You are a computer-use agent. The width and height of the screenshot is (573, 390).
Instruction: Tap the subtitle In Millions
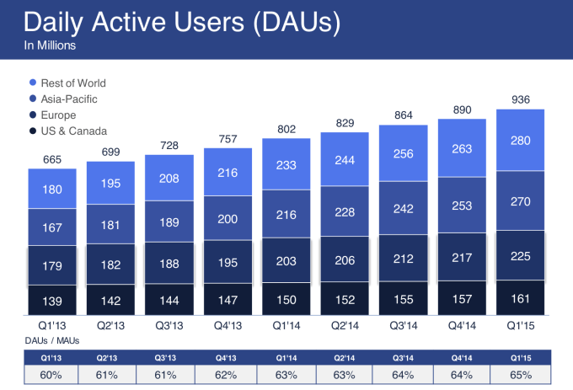(51, 46)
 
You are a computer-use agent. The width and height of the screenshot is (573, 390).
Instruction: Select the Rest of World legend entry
(72, 83)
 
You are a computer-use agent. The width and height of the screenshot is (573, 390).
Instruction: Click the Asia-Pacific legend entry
(67, 99)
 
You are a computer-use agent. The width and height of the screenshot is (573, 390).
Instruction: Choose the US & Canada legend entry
(72, 131)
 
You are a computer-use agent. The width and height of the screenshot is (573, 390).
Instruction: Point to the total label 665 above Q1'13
(52, 159)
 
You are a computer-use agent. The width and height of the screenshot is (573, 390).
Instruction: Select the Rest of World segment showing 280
(520, 139)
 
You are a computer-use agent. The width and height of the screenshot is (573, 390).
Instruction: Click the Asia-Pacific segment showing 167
(52, 227)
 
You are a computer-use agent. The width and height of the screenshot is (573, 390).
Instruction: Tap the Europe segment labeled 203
(286, 261)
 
